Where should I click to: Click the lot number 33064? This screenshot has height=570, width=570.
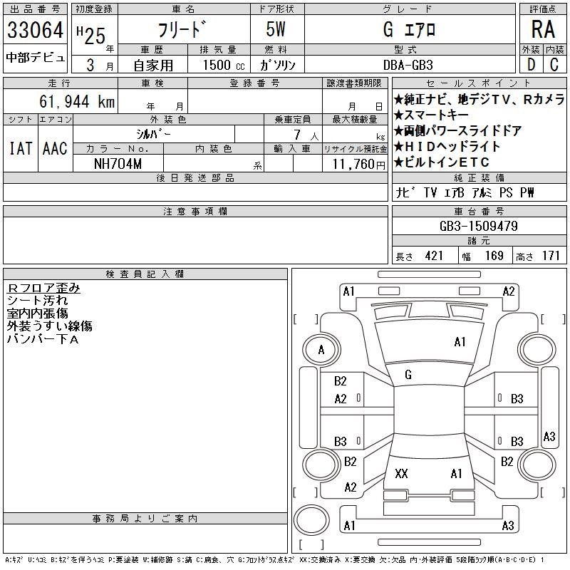coord(35,31)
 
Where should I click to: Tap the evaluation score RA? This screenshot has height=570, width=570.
coord(542,29)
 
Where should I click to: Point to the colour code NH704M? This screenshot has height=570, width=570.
coord(118,162)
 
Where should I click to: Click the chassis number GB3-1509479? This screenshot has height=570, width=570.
coord(478,226)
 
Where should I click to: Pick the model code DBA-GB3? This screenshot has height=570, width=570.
coord(408,64)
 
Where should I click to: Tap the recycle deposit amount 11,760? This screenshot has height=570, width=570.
coord(353,163)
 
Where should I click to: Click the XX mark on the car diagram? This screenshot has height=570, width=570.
coord(401,474)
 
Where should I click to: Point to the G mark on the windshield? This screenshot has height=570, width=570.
coord(408,375)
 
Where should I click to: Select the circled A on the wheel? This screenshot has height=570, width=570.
coord(322,350)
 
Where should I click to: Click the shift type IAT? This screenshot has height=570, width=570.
coord(20,148)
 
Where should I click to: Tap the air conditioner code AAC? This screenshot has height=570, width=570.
coord(54,148)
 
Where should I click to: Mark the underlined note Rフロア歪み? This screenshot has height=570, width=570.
coord(43,289)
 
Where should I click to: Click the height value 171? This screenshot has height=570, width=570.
coord(551,256)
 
